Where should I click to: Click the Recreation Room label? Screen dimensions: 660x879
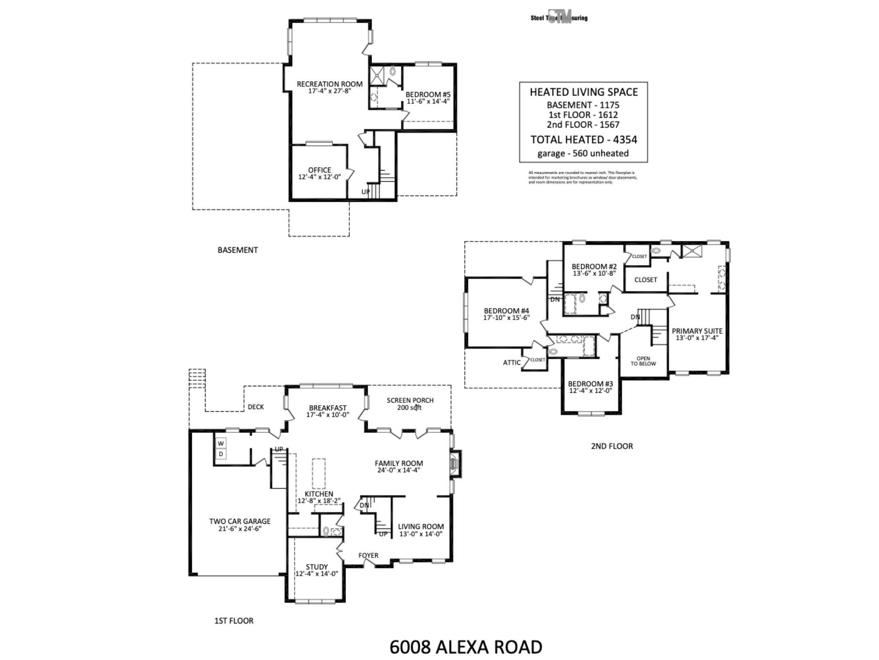tap(329, 84)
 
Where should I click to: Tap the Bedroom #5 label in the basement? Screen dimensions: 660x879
tap(428, 95)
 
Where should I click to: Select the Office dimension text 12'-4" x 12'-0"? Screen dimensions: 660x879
tap(319, 177)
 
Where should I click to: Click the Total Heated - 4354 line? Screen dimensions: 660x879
tap(583, 140)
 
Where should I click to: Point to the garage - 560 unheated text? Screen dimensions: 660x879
tap(583, 153)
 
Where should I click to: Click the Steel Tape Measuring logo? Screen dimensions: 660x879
tap(559, 17)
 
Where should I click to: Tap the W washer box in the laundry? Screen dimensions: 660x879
tap(221, 443)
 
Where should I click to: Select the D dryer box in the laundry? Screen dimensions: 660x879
tap(221, 454)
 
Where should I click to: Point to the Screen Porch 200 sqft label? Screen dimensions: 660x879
tap(410, 403)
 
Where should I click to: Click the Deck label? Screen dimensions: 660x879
tap(256, 407)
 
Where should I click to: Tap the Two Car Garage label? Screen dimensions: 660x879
tap(239, 521)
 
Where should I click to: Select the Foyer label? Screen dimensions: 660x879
tap(368, 556)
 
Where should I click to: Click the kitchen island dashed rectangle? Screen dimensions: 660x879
tap(318, 474)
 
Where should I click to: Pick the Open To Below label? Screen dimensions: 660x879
tap(643, 361)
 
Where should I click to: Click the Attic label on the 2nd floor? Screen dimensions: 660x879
tap(512, 363)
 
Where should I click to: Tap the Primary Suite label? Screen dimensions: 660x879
tap(697, 331)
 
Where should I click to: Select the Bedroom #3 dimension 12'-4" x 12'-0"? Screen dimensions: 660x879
tap(590, 391)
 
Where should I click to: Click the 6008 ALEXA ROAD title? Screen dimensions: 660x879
tap(466, 647)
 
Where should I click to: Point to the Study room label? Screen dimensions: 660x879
tap(317, 567)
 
